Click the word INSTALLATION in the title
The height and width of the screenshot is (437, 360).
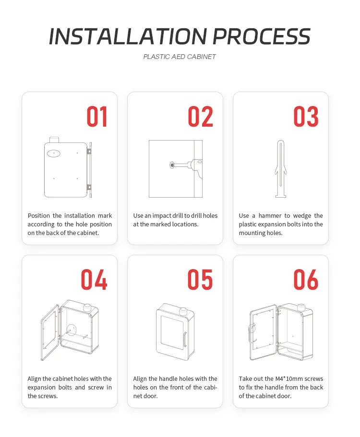(x=127, y=36)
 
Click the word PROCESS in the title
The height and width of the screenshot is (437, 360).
(x=261, y=36)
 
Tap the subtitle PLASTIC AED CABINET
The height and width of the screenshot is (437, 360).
(x=180, y=57)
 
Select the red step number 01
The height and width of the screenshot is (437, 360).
(x=97, y=117)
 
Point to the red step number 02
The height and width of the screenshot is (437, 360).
(x=200, y=117)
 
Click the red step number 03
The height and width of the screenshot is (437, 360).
(x=306, y=117)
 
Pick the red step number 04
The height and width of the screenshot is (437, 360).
(x=94, y=280)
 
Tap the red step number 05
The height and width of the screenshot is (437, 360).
(x=200, y=280)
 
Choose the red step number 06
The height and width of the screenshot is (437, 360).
(x=306, y=280)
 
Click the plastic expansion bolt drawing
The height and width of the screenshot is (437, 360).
(x=280, y=169)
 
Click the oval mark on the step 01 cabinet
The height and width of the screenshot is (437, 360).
(x=54, y=154)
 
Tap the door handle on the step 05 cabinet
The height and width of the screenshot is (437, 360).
(x=184, y=340)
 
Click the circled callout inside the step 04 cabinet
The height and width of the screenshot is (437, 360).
(x=72, y=330)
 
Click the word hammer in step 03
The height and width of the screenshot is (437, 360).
(x=270, y=216)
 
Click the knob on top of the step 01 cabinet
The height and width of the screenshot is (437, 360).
(x=54, y=140)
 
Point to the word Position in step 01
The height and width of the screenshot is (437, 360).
(x=39, y=216)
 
